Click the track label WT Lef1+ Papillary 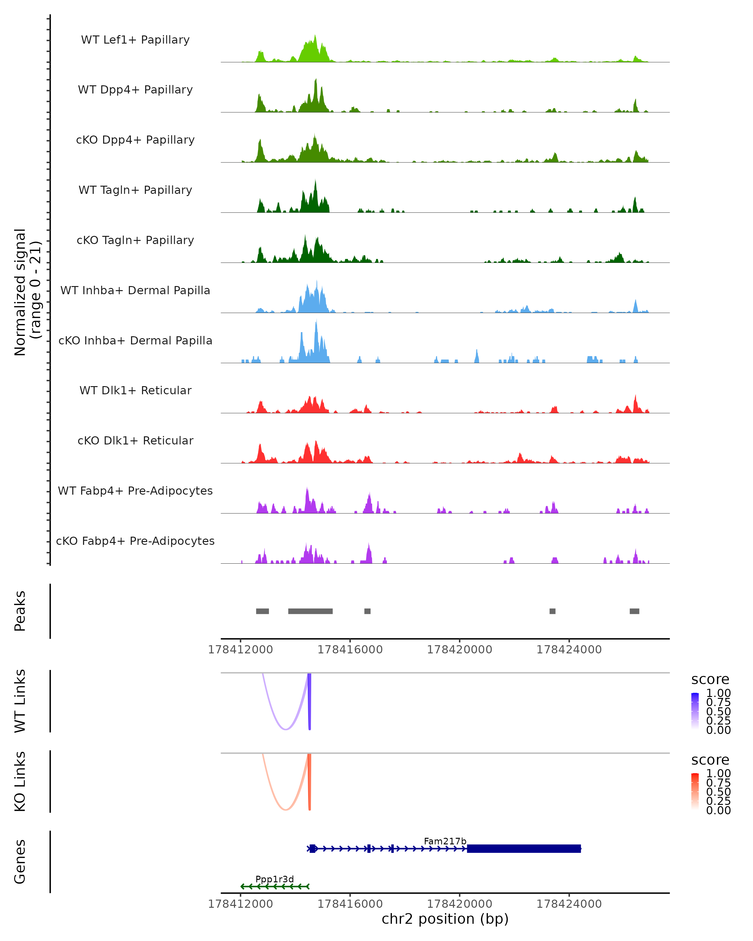[135, 40]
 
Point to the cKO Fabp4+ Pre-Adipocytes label [135, 541]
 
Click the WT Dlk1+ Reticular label [135, 390]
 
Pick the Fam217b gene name [445, 841]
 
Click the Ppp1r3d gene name [275, 879]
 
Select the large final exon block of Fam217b [524, 848]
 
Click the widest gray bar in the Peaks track [310, 611]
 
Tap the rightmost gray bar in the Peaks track [634, 611]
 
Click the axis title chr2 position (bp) [445, 919]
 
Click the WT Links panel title [20, 701]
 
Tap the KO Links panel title [20, 781]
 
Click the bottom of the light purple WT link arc [286, 729]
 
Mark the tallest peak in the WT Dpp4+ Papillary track [316, 80]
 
